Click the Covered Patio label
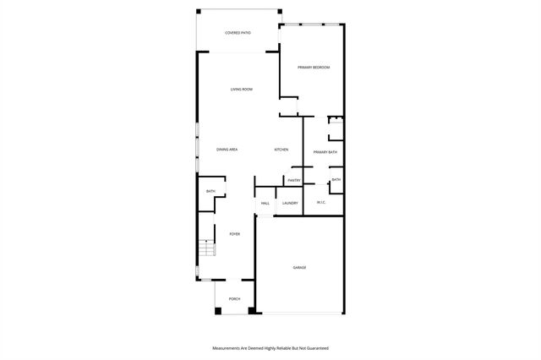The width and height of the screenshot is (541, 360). (238, 33)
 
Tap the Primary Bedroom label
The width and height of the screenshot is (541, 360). (313, 67)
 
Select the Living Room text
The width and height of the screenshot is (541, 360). (242, 89)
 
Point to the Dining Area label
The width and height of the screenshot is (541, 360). (227, 150)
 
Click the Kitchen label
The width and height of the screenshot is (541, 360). (281, 150)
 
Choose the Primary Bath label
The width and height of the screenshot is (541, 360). (325, 152)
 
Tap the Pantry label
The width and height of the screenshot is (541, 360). (294, 180)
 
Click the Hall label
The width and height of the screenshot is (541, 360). (265, 204)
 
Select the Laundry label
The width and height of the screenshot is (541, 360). (290, 204)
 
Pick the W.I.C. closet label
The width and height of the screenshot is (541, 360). (321, 203)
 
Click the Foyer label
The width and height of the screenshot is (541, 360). (234, 234)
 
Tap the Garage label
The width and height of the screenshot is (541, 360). (299, 267)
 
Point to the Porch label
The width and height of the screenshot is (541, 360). (234, 298)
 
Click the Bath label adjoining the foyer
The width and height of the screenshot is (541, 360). (210, 192)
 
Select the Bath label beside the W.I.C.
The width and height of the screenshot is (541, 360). (336, 180)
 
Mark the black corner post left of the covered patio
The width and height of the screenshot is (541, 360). (199, 11)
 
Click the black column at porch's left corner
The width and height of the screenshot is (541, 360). (217, 312)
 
